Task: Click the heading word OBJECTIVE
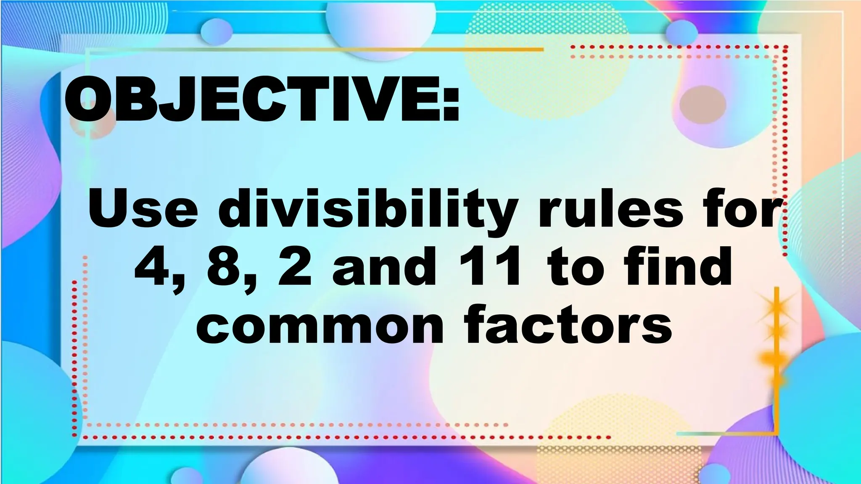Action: pos(252,100)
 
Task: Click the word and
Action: pos(385,267)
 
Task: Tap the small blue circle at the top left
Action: pos(216,31)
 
